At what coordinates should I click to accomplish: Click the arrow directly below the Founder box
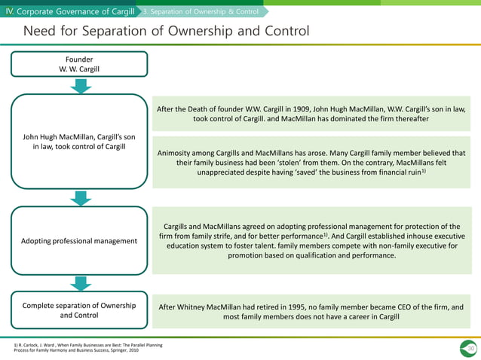pyautogui.click(x=81, y=87)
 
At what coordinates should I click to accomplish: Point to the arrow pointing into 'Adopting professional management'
pyautogui.click(x=81, y=198)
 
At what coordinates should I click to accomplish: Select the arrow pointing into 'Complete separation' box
pyautogui.click(x=81, y=282)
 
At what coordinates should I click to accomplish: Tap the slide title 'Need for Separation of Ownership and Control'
pyautogui.click(x=166, y=31)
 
